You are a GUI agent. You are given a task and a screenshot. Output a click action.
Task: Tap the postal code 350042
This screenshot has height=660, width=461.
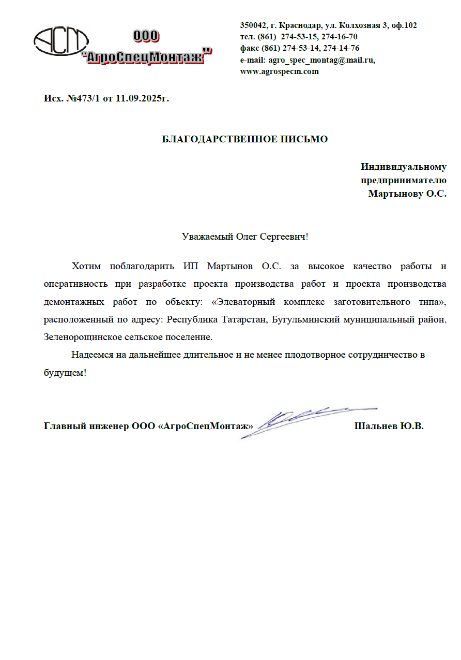(253, 25)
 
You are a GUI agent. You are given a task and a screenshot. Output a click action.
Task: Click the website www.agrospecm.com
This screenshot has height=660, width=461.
(279, 71)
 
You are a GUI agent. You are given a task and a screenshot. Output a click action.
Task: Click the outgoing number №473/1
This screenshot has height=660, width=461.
(84, 98)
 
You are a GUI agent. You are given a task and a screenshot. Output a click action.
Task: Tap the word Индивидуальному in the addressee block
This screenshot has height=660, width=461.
(404, 167)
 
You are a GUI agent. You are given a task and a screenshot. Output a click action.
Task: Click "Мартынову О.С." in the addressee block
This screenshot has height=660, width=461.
(407, 194)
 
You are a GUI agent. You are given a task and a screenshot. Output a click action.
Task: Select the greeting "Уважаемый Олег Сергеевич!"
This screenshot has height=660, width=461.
(245, 237)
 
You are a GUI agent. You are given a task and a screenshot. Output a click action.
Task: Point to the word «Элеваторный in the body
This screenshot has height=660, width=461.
(240, 302)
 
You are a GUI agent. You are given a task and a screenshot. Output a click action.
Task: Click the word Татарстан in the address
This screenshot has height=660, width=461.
(244, 319)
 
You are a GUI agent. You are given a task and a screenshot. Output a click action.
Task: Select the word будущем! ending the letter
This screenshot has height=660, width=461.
(65, 373)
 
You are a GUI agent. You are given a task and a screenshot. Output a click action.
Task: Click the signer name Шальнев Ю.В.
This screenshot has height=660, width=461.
(389, 427)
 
